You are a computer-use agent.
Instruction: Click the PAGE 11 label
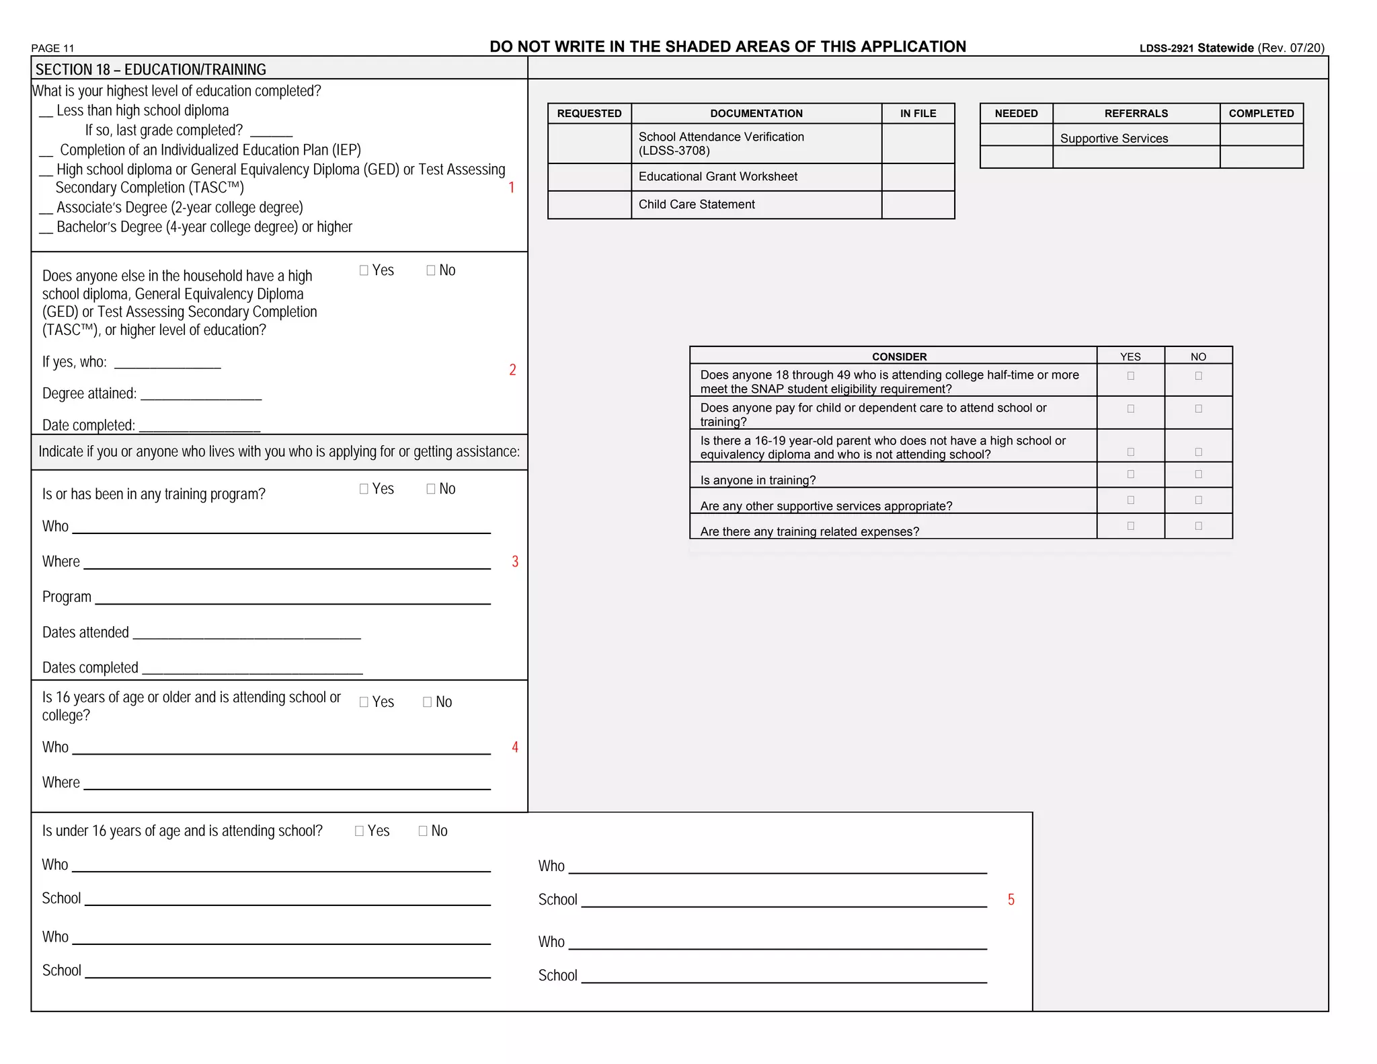click(x=52, y=48)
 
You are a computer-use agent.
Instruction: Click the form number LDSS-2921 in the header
click(x=1166, y=48)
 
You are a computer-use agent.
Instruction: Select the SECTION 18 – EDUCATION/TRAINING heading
click(x=151, y=69)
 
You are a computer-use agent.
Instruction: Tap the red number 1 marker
click(x=512, y=188)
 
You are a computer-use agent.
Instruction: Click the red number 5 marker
click(x=1011, y=900)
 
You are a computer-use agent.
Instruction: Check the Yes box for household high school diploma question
click(x=364, y=270)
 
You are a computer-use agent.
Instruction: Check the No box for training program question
click(x=431, y=489)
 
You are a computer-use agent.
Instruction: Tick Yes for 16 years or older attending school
click(x=364, y=702)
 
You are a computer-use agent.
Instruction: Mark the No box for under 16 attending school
click(x=423, y=831)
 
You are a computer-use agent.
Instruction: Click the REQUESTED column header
click(x=589, y=114)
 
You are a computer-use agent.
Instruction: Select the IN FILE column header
click(x=918, y=114)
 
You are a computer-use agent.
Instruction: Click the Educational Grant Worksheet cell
click(x=717, y=177)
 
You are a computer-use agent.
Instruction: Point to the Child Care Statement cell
click(x=697, y=204)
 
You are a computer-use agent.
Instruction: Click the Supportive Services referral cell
click(x=1114, y=139)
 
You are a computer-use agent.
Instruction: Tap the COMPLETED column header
click(x=1261, y=114)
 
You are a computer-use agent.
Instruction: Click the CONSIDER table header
click(x=899, y=356)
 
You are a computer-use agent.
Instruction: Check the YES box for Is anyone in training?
click(x=1130, y=474)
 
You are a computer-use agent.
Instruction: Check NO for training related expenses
click(x=1198, y=526)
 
